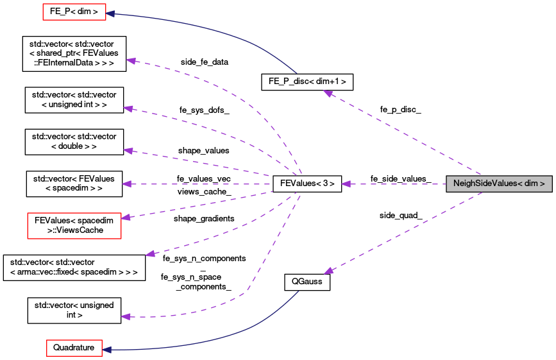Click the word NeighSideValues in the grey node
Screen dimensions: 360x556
pyautogui.click(x=484, y=184)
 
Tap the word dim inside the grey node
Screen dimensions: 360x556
pyautogui.click(x=531, y=184)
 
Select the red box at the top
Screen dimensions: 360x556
pyautogui.click(x=74, y=12)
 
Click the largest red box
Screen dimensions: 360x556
pyautogui.click(x=74, y=226)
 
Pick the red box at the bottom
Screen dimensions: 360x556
pyautogui.click(x=74, y=348)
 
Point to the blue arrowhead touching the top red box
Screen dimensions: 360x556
pyautogui.click(x=110, y=13)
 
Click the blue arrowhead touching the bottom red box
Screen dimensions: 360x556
pyautogui.click(x=107, y=350)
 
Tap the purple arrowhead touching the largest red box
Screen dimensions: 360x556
pyautogui.click(x=126, y=218)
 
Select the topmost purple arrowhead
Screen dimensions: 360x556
pyautogui.click(x=131, y=61)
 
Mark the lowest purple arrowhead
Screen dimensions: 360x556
pyautogui.click(x=126, y=316)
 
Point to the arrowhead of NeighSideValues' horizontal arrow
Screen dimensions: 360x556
pyautogui.click(x=346, y=184)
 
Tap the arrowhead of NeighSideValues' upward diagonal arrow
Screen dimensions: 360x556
pyautogui.click(x=327, y=94)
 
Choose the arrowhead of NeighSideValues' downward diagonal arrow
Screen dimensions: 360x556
pyautogui.click(x=328, y=271)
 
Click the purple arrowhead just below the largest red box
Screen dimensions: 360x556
pyautogui.click(x=150, y=254)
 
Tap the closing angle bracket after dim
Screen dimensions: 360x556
pyautogui.click(x=543, y=184)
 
